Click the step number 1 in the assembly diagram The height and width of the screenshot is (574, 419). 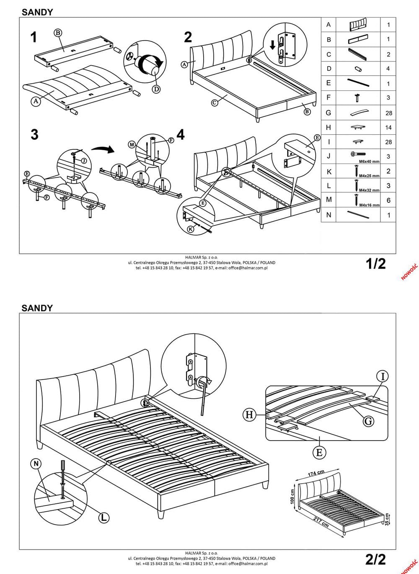(34, 37)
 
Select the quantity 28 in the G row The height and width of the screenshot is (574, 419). (388, 113)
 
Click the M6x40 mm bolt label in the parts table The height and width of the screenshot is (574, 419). (369, 161)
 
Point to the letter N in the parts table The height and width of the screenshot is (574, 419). (328, 215)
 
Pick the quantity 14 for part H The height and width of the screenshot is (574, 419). (388, 127)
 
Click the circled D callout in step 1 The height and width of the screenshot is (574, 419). (156, 89)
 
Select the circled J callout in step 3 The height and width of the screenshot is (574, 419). (84, 160)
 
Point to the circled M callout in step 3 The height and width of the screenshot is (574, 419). (132, 144)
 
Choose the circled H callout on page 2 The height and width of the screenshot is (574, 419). (249, 415)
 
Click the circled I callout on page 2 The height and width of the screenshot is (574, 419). (382, 377)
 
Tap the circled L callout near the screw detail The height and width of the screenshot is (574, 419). (103, 518)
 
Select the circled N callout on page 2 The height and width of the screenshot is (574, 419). (37, 464)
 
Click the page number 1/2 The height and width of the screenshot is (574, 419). (375, 264)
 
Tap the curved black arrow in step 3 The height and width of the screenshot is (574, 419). (104, 149)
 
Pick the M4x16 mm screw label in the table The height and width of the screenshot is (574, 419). (369, 205)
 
